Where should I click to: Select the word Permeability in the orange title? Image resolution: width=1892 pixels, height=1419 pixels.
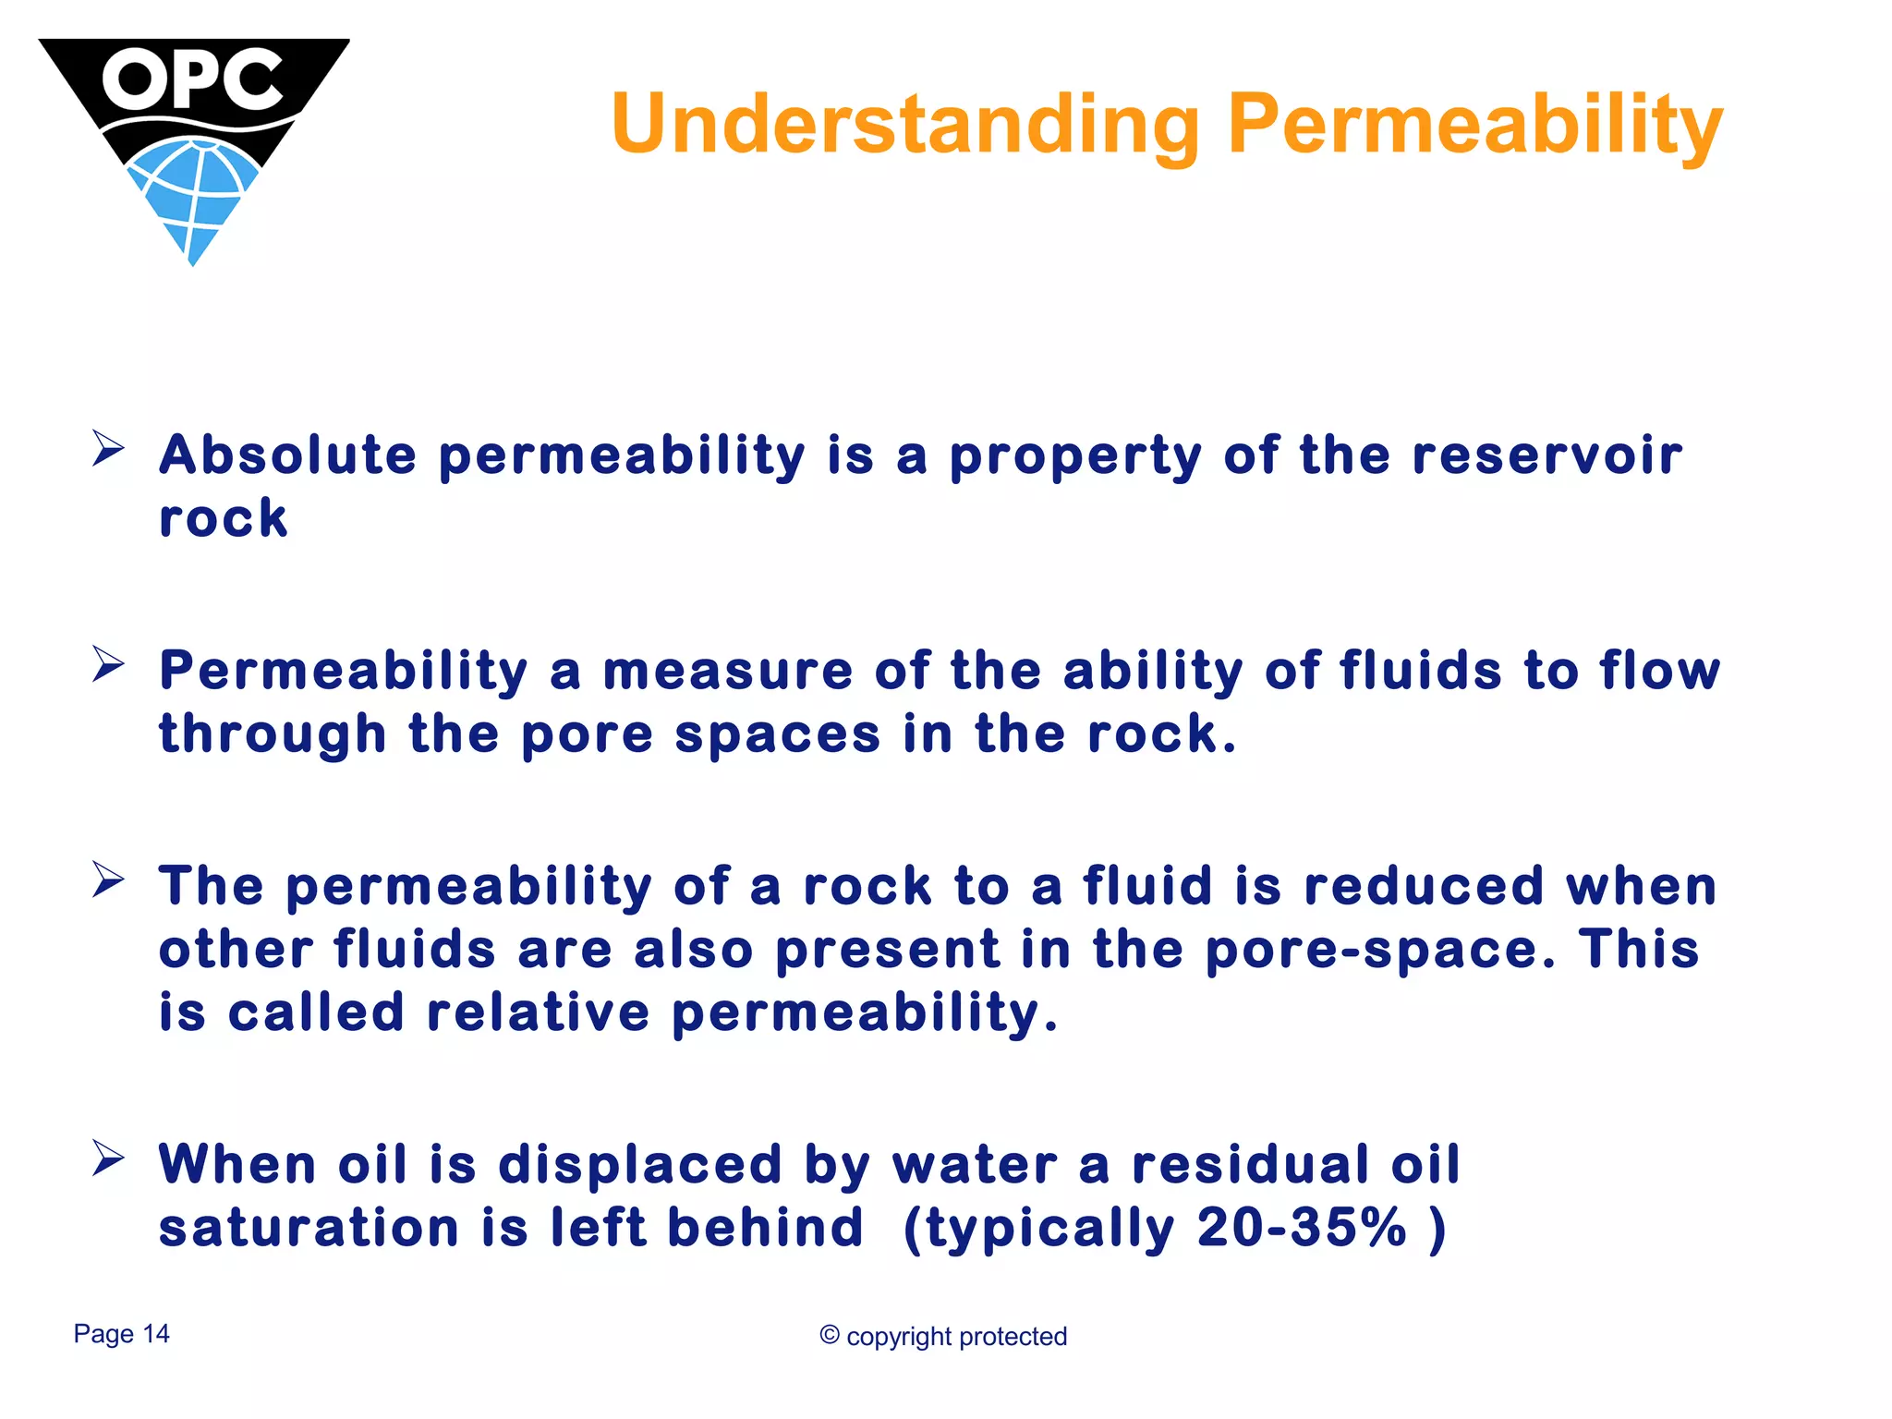tap(1474, 125)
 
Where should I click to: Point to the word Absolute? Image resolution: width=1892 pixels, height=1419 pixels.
tap(287, 455)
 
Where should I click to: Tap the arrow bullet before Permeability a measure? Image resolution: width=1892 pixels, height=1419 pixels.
tap(108, 664)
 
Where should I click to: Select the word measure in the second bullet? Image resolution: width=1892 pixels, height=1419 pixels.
tap(727, 671)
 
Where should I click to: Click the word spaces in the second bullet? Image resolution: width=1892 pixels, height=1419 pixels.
tap(777, 734)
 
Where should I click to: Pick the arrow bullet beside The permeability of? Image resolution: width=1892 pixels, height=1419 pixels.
tap(108, 879)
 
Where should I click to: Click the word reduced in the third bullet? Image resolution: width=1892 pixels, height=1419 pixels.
tap(1424, 886)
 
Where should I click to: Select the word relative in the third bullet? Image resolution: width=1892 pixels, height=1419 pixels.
tap(539, 1013)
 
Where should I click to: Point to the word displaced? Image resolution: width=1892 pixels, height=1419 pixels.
tap(640, 1164)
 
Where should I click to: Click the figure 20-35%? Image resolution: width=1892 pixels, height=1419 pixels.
tap(1301, 1228)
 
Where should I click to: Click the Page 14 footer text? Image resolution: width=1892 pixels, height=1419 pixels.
tap(121, 1334)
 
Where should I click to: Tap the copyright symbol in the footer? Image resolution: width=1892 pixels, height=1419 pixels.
tap(829, 1335)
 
